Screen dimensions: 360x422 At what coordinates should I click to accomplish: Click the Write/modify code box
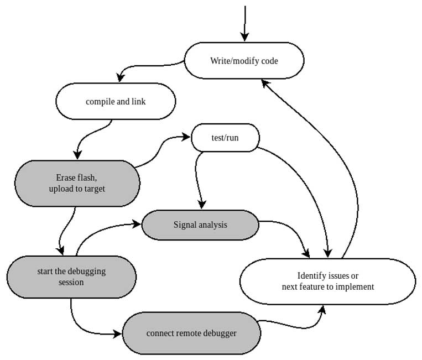click(244, 60)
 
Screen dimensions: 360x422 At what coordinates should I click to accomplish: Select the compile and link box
click(116, 101)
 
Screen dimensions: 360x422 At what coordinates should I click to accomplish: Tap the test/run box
click(225, 138)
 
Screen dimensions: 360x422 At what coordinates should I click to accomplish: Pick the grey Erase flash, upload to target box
click(77, 184)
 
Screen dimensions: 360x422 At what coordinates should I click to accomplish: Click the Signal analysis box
click(200, 225)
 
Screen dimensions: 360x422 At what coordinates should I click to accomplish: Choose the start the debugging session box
click(71, 277)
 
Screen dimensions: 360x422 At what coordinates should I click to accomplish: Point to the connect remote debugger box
click(191, 333)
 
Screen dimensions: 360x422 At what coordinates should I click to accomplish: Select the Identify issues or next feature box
click(327, 281)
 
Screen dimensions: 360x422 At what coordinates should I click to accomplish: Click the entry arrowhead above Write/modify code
click(244, 37)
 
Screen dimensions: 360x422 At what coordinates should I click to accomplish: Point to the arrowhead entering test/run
click(186, 135)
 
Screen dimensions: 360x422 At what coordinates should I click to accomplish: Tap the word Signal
click(185, 225)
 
